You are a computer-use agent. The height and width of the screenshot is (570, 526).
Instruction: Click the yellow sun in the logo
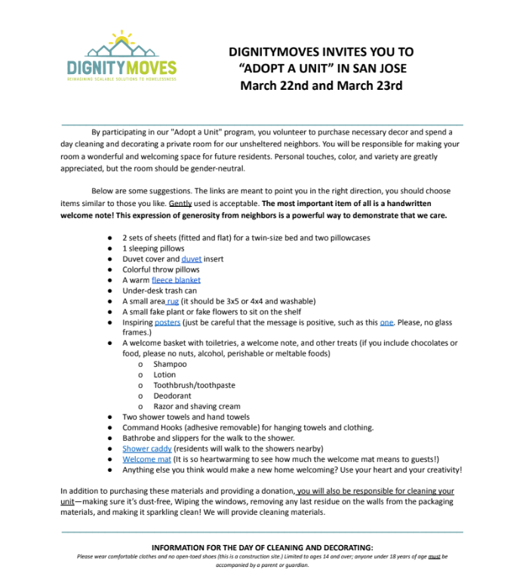click(x=121, y=38)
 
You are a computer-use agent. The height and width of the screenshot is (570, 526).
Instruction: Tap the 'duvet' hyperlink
click(x=191, y=259)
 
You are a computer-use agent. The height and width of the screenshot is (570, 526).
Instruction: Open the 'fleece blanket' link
click(x=176, y=280)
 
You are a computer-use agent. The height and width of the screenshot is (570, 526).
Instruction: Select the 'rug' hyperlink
click(x=173, y=301)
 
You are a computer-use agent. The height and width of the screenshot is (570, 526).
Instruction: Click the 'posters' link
click(x=168, y=322)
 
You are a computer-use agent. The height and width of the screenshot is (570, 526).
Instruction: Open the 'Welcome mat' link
click(x=146, y=459)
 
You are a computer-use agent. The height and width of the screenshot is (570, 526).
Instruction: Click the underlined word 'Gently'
click(x=180, y=204)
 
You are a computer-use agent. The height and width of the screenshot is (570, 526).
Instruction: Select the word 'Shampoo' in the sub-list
click(x=170, y=364)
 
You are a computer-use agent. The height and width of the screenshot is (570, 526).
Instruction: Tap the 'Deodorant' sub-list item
click(x=172, y=396)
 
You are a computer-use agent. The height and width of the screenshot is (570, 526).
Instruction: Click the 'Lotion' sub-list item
click(x=165, y=374)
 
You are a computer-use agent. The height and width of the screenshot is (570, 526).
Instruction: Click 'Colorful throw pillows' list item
click(x=161, y=270)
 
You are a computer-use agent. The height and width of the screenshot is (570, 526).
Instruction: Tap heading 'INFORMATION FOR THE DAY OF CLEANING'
click(x=262, y=547)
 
